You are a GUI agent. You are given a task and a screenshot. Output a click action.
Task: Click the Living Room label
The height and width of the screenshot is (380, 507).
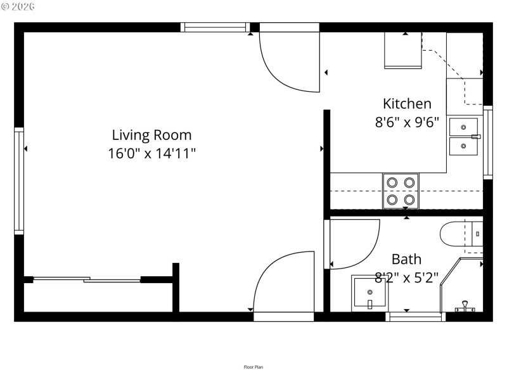coord(151,135)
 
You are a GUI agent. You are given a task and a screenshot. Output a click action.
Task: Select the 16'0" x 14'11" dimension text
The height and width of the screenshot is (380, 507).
coord(151,153)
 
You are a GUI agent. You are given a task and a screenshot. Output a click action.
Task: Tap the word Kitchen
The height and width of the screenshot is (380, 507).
coord(407,104)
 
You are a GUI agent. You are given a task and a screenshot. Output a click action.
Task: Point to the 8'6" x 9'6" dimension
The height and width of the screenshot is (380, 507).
coord(407,122)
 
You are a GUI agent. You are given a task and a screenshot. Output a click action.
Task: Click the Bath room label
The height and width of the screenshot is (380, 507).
coord(406,259)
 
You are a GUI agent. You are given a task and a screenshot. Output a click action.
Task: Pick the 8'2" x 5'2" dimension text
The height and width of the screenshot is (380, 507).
coord(406,277)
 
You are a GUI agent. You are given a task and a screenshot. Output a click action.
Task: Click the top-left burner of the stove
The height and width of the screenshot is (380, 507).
coord(392,183)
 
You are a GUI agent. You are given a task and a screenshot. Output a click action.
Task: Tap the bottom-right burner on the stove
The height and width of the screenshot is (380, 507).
coord(409,200)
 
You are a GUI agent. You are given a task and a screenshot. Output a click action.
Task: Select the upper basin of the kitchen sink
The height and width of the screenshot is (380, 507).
coord(463,127)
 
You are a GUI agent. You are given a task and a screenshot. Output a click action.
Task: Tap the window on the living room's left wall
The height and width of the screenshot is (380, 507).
coord(19,181)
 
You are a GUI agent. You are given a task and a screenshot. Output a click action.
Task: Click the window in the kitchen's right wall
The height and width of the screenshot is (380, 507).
coord(487,142)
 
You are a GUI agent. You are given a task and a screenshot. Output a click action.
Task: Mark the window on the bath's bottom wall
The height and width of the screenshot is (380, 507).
coord(415,317)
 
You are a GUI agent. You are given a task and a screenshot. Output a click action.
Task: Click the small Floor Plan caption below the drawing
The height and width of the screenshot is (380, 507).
coord(253,367)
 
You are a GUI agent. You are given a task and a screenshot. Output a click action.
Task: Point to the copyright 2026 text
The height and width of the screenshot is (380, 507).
coord(18,6)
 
